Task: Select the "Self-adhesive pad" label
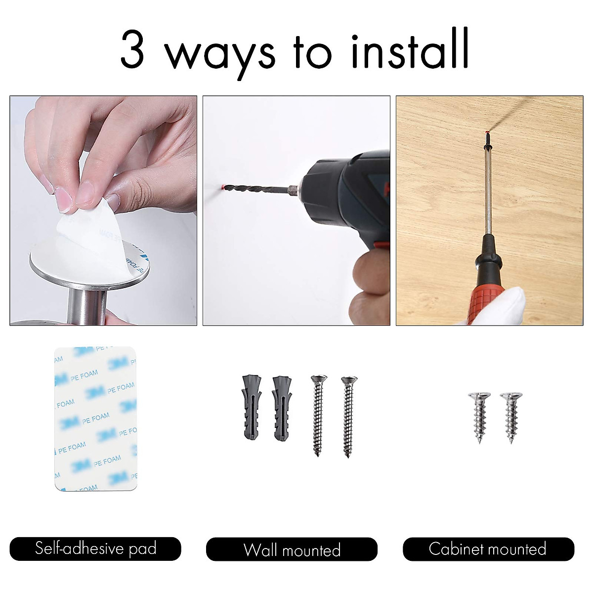[x=95, y=549]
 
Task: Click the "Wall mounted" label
[x=292, y=550]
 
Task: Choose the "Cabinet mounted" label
[x=488, y=549]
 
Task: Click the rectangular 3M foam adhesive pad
[x=95, y=418]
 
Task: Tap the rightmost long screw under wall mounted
[x=349, y=418]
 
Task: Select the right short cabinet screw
[x=509, y=417]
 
